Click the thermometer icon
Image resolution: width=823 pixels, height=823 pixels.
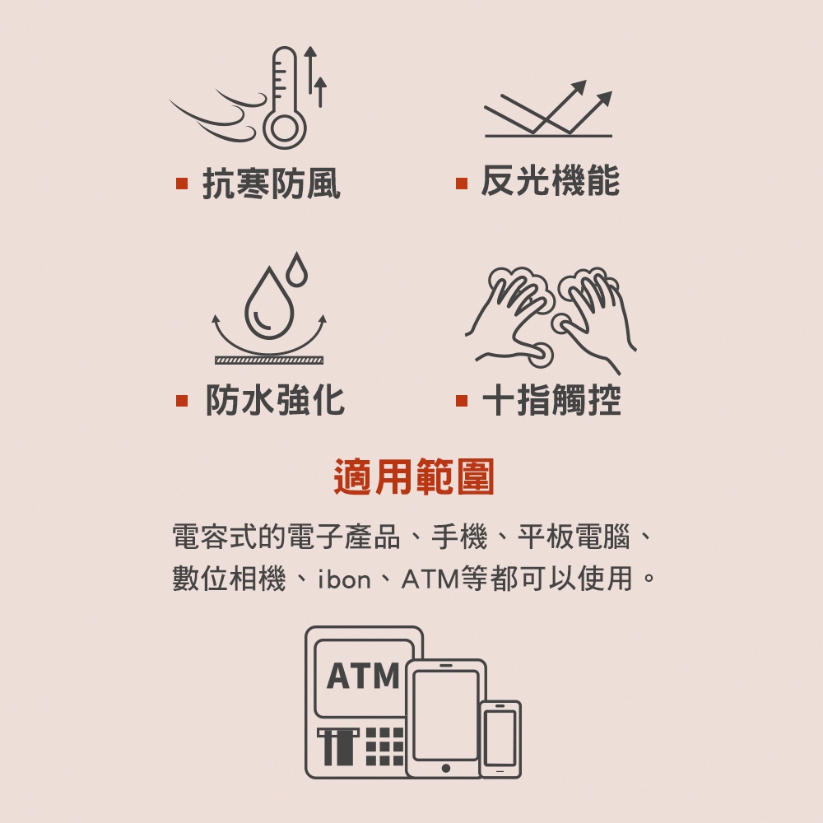(285, 98)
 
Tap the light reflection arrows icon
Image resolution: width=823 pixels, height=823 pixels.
(548, 109)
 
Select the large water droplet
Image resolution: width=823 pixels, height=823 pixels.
(269, 304)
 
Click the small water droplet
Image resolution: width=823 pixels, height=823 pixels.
(297, 269)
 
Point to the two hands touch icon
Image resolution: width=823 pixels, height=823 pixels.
(551, 320)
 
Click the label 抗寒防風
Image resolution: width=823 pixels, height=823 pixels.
(272, 184)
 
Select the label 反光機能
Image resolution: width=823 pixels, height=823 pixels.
(550, 180)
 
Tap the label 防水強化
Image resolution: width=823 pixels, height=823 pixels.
(275, 400)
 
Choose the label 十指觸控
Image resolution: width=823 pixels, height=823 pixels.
(551, 400)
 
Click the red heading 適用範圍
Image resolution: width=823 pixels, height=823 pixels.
(414, 477)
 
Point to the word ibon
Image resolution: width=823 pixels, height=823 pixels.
(344, 579)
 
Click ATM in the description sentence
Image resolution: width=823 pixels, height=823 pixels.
(430, 579)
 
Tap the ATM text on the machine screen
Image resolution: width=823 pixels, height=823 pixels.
(363, 676)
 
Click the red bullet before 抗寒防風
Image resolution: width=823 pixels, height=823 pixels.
(182, 184)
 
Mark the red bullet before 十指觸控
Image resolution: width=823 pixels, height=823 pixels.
(462, 401)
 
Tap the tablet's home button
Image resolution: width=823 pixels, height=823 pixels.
(445, 768)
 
